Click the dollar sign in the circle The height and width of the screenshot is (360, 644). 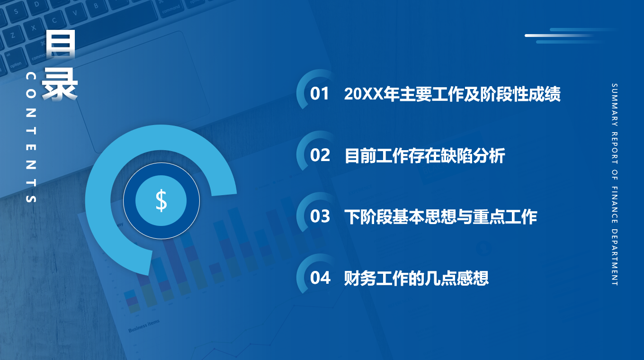click(x=161, y=200)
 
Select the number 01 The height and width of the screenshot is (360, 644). click(x=320, y=94)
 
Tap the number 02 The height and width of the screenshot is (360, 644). click(x=320, y=155)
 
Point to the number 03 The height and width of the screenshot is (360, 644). click(x=320, y=216)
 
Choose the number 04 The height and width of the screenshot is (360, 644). click(x=320, y=278)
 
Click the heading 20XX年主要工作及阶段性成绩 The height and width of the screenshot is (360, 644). click(x=452, y=94)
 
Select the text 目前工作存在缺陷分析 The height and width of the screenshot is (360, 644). click(x=425, y=155)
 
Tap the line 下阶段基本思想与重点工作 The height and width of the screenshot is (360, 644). click(x=440, y=217)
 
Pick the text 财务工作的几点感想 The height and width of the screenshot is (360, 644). click(x=416, y=279)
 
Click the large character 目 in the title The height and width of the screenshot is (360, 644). click(x=61, y=44)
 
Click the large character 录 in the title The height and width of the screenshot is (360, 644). click(x=60, y=85)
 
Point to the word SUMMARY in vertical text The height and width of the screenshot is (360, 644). click(x=614, y=105)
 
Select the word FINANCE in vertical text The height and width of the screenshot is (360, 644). click(x=614, y=205)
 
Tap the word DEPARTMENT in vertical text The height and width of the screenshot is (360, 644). click(x=614, y=257)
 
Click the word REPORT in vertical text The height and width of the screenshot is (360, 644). click(x=614, y=148)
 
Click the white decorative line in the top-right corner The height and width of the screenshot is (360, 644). click(x=559, y=36)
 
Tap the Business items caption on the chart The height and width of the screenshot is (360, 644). click(x=144, y=326)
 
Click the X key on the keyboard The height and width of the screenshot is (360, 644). click(x=34, y=28)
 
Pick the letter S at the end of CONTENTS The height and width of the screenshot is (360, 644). click(x=31, y=198)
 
